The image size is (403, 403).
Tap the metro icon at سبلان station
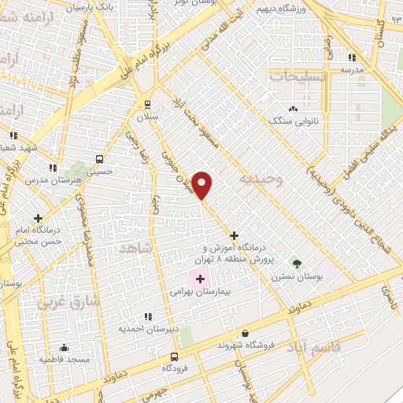[x=147, y=103]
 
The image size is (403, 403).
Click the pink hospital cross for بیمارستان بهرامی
[x=200, y=279]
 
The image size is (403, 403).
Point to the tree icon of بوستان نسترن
[x=297, y=263]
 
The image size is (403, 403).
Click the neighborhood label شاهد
[x=135, y=248]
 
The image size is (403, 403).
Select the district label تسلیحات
[x=296, y=77]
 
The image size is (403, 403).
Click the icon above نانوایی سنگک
[x=294, y=109]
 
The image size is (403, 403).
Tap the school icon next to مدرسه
[x=352, y=57]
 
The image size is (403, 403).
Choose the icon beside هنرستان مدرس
[x=53, y=168]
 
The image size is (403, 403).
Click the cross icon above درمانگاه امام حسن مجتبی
[x=37, y=217]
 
